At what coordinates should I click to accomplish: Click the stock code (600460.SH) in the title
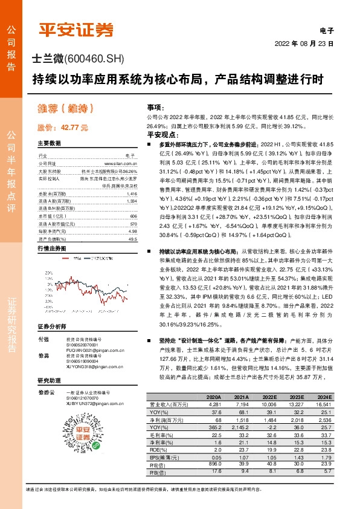point(95,60)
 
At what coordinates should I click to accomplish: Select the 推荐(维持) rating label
point(66,111)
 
